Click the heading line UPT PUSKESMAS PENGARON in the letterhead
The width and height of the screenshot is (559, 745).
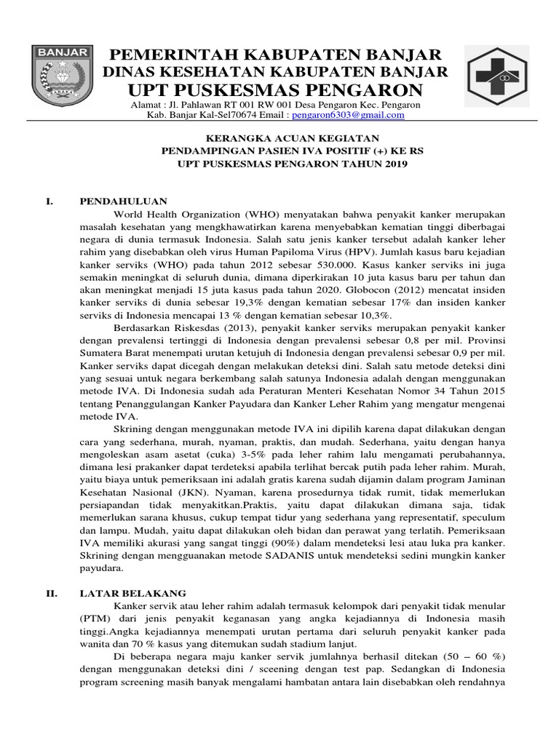[x=275, y=90]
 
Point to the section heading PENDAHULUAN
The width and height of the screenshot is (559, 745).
[x=123, y=202]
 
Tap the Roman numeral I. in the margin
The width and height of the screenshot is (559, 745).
[x=50, y=202]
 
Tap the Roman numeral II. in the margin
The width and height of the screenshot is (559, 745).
[x=52, y=593]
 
